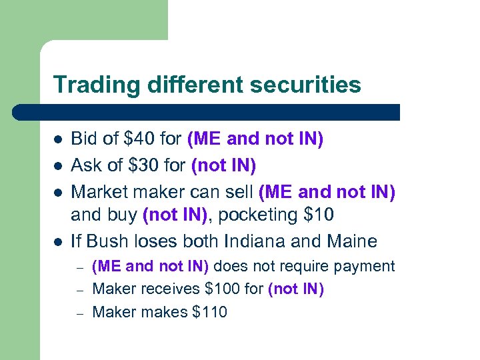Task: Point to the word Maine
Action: pos(351,240)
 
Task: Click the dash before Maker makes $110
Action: pos(79,312)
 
